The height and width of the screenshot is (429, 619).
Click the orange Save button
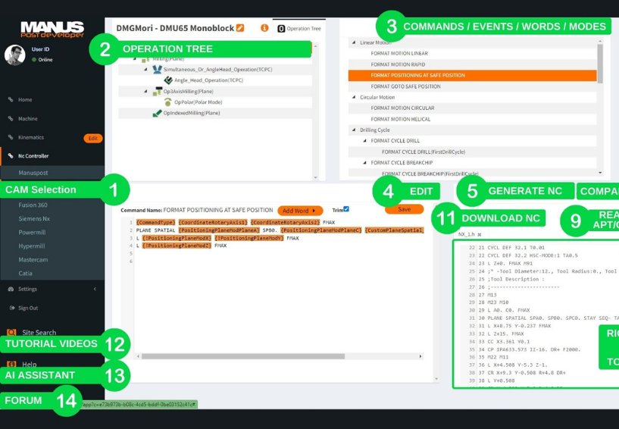point(404,209)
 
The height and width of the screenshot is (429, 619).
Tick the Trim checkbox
point(346,209)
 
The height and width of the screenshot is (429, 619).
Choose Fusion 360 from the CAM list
point(33,205)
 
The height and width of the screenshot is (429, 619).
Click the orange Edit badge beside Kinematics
point(92,138)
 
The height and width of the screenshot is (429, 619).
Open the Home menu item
point(25,99)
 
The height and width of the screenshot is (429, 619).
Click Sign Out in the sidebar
point(28,308)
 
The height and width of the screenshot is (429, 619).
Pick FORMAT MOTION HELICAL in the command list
point(401,119)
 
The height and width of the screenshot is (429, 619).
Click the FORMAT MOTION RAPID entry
point(398,64)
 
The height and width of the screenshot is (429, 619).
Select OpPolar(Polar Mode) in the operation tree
point(198,102)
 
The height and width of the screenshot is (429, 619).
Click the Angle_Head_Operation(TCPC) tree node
point(208,80)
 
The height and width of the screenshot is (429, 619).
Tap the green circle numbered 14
point(67,400)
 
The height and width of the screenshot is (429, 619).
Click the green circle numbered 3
point(392,27)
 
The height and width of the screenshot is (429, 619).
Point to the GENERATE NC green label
point(525,191)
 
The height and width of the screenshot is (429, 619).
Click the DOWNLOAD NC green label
point(501,218)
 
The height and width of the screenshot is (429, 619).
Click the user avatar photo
point(15,55)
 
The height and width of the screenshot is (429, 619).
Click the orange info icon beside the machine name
point(264,28)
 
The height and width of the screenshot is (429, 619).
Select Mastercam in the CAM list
point(33,259)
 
